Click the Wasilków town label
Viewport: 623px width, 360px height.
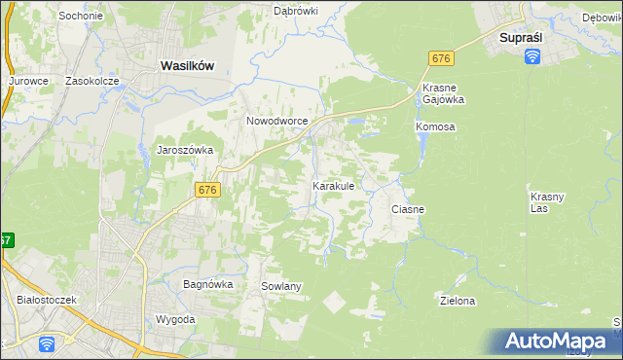coord(186,64)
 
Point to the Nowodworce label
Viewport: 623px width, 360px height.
coord(276,121)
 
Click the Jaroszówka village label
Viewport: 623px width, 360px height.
coord(185,150)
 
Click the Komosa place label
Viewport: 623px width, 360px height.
coord(435,127)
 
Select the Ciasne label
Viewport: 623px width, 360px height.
coord(408,209)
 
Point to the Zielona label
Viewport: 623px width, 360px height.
coord(458,301)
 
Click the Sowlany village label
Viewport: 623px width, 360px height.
coord(281,286)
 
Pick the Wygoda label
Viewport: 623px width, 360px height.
coord(175,319)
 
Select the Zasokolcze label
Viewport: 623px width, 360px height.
coord(91,82)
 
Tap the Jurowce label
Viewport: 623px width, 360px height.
coord(28,82)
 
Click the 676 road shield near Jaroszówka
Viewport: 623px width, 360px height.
coord(206,190)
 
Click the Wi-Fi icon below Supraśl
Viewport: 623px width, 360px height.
coord(532,56)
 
